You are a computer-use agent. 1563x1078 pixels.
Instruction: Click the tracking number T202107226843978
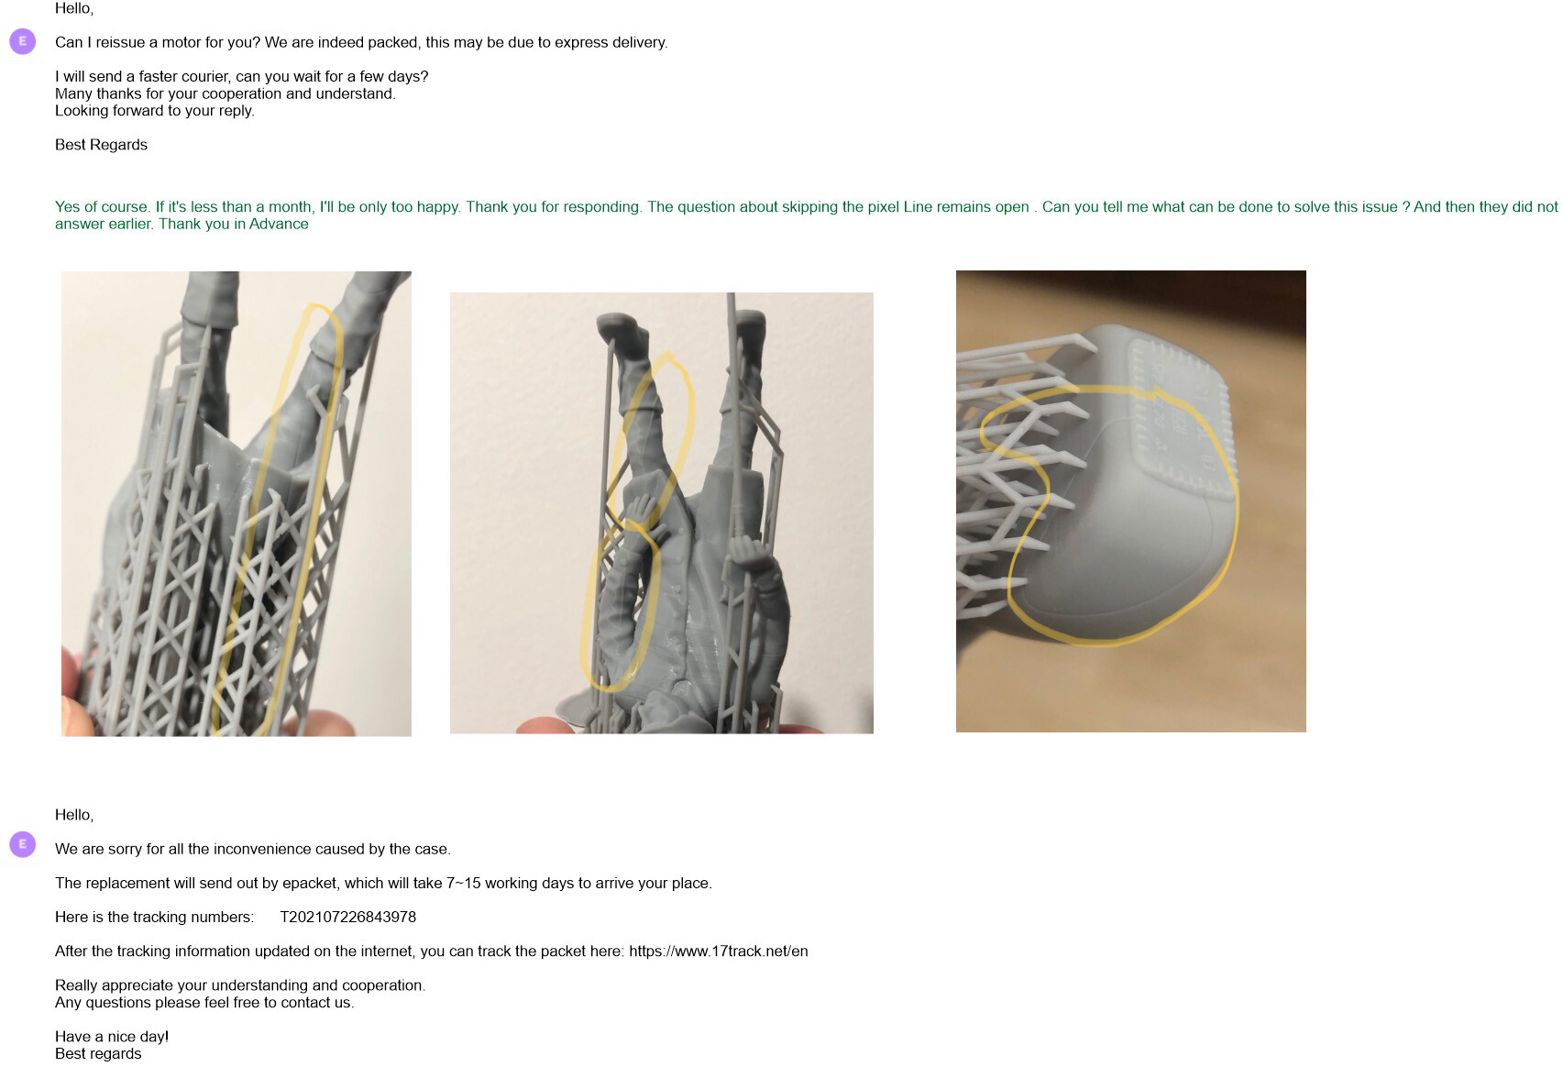[x=347, y=918]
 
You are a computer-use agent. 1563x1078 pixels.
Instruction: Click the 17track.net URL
[x=718, y=951]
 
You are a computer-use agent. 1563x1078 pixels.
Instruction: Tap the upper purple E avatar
[x=22, y=42]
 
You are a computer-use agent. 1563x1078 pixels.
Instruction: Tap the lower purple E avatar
[x=22, y=844]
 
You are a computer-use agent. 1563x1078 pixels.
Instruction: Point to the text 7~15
[x=463, y=884]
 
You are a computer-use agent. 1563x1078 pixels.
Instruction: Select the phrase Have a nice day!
[x=112, y=1038]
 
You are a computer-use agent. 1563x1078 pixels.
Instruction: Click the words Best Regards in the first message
[x=101, y=145]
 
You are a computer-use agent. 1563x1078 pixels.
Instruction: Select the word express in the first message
[x=586, y=42]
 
